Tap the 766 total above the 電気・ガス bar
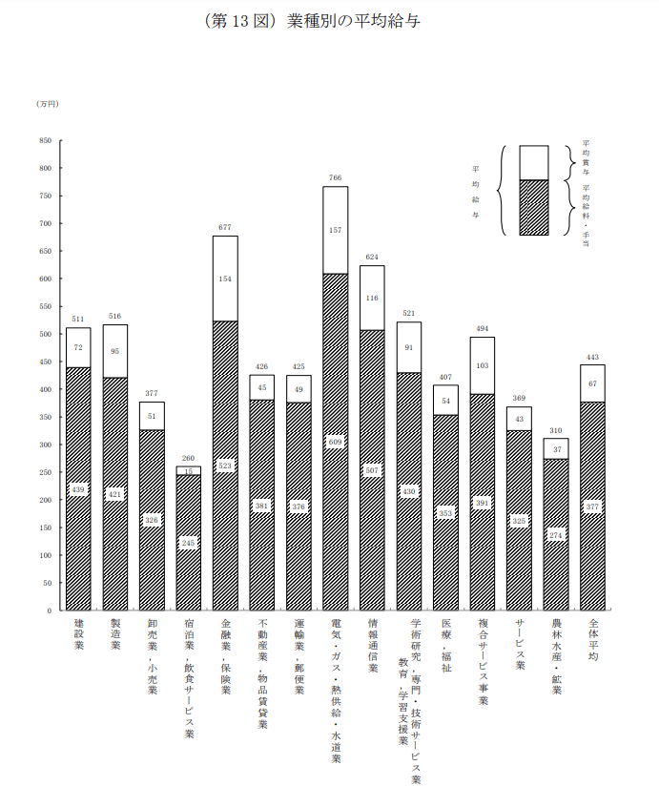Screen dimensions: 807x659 pos(335,177)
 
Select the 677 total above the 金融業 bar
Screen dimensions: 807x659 pos(225,227)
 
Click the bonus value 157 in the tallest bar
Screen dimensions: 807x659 pos(335,230)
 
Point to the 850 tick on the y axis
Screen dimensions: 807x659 pos(45,140)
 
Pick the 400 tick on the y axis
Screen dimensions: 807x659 pos(45,389)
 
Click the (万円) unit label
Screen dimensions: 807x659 pos(47,103)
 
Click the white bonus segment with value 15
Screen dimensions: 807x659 pos(189,471)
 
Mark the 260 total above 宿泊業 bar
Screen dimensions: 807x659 pos(189,458)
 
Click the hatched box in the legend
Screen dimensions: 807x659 pos(533,207)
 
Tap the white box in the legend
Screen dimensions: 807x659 pos(533,162)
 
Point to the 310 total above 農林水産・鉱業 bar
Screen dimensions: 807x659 pos(556,430)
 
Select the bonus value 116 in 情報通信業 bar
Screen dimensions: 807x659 pos(372,298)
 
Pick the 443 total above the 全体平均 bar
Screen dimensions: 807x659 pos(592,357)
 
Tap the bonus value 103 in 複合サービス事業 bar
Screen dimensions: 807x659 pos(482,365)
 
